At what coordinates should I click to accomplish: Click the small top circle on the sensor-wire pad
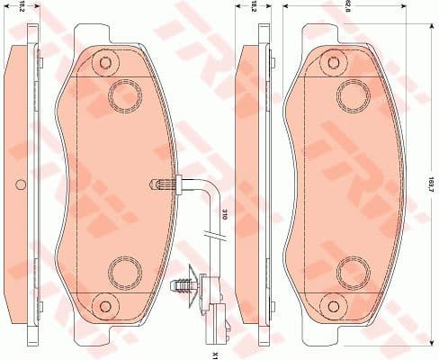click(x=107, y=63)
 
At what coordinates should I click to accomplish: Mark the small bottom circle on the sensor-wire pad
click(x=107, y=301)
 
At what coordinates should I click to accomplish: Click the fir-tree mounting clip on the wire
click(x=185, y=283)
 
